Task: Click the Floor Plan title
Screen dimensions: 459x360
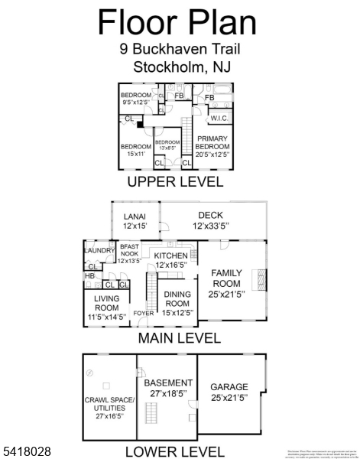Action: click(177, 23)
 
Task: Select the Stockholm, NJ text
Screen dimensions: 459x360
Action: click(182, 67)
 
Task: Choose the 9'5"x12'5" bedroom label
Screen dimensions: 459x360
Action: click(137, 99)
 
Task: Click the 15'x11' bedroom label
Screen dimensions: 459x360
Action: click(135, 150)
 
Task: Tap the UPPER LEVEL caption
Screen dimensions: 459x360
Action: click(175, 182)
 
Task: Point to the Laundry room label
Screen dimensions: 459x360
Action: click(99, 250)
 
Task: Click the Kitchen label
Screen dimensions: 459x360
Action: click(170, 260)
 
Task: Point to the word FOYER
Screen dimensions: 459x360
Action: click(143, 313)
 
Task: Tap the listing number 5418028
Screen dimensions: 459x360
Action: click(26, 452)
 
